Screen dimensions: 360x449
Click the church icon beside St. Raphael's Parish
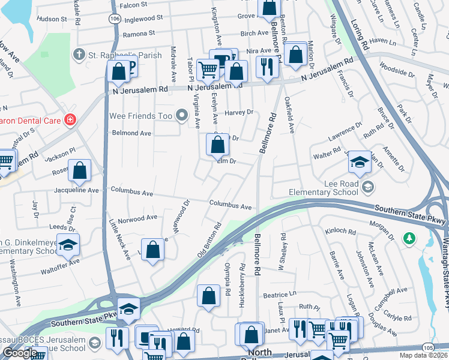tap(78, 55)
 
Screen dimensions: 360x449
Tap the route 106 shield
tap(114, 19)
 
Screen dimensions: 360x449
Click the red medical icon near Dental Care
tap(70, 119)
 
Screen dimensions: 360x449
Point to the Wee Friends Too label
tap(142, 115)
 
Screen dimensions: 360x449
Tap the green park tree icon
tap(409, 239)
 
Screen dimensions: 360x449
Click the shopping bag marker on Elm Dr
tap(217, 145)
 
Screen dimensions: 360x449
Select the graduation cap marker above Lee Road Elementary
tap(359, 162)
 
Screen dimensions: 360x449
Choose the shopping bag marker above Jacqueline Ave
tap(79, 171)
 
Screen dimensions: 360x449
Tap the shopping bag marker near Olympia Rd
tap(208, 296)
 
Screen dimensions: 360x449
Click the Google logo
tap(20, 353)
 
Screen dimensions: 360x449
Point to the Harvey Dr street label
tap(239, 112)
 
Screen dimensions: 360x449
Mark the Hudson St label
tap(51, 19)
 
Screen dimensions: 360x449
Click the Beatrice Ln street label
tap(280, 295)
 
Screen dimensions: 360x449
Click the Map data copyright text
tap(424, 355)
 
